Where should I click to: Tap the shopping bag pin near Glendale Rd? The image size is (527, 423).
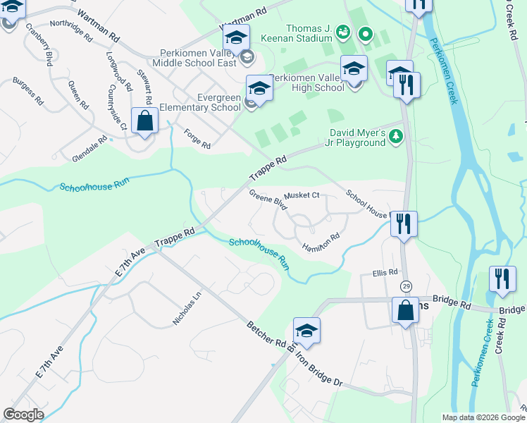point(144,121)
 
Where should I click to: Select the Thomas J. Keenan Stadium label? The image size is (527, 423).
point(296,34)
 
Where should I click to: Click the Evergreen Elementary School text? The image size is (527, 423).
point(199,102)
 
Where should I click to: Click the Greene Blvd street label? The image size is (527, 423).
point(268,200)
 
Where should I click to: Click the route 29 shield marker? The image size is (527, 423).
point(406,286)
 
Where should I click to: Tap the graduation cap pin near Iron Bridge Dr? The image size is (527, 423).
point(306,330)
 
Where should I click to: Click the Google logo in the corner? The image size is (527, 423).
point(23,414)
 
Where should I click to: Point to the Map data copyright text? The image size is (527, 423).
point(483,417)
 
